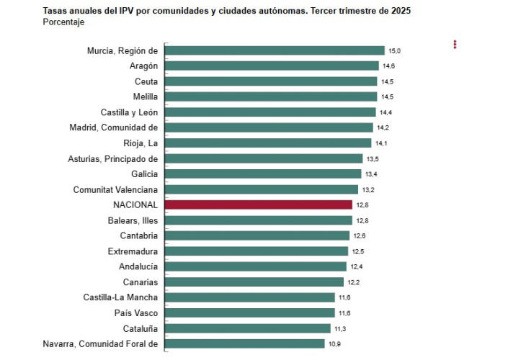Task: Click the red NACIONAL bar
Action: (x=259, y=204)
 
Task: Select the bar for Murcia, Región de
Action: (x=275, y=50)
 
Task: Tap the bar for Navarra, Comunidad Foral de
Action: (x=245, y=343)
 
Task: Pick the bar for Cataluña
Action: (x=248, y=328)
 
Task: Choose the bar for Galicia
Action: (x=263, y=174)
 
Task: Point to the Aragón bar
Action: (x=272, y=66)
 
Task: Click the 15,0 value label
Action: (x=394, y=51)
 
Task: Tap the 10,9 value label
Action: (x=334, y=344)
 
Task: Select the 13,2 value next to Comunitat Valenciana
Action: (x=367, y=190)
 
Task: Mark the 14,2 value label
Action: (x=383, y=128)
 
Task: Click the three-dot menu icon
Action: (x=455, y=45)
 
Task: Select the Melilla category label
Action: (x=143, y=96)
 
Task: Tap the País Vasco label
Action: (x=136, y=312)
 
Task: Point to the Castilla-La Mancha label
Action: (x=120, y=297)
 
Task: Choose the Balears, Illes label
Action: (x=129, y=220)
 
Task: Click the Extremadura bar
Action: (x=257, y=251)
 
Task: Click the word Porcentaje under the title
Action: (x=63, y=23)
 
